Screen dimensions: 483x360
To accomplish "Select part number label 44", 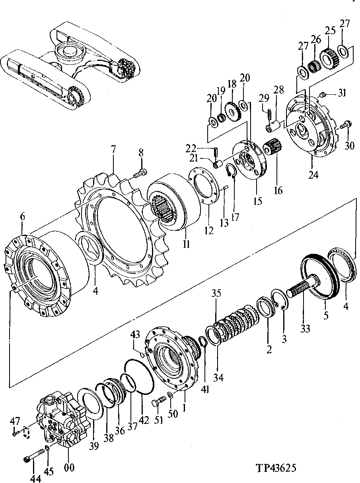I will pos(35,478).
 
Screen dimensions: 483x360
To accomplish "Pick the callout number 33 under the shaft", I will pos(306,329).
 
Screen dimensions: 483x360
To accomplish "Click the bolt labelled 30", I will pos(346,125).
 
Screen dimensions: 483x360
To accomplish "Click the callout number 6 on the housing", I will pos(23,217).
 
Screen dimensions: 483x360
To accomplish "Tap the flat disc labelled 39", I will pos(91,404).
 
